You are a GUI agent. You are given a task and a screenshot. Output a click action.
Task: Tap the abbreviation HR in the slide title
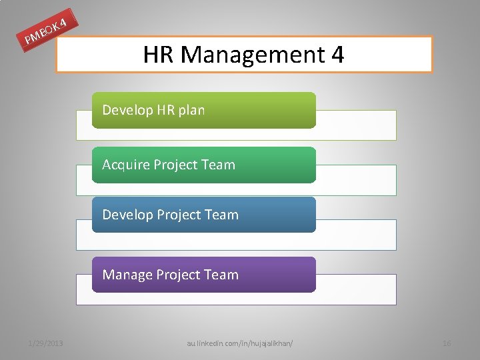click(158, 54)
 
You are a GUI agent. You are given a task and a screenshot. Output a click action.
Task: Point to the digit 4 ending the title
click(337, 54)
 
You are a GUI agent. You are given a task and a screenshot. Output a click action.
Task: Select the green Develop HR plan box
click(203, 110)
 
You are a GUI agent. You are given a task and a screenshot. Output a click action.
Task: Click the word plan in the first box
click(191, 110)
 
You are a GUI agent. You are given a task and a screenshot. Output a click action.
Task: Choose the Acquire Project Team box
click(203, 165)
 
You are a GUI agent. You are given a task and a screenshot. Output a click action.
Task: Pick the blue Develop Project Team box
click(203, 215)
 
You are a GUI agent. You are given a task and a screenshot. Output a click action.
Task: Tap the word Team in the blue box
click(221, 215)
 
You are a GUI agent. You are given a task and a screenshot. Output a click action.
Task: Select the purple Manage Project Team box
click(203, 275)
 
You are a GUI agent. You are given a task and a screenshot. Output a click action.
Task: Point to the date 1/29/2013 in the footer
click(46, 343)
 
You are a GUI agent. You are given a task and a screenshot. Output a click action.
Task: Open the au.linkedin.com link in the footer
click(240, 343)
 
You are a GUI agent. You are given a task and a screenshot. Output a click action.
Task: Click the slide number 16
click(447, 343)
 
